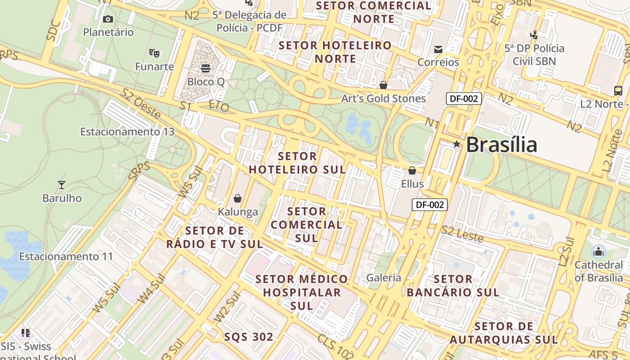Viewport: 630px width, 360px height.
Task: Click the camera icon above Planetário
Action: tap(108, 19)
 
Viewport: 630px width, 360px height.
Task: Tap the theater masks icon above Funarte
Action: tap(154, 53)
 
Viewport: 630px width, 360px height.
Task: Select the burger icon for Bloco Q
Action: tap(206, 68)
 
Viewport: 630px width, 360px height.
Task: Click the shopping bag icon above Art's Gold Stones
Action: tap(383, 85)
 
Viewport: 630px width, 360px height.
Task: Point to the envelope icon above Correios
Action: tap(438, 49)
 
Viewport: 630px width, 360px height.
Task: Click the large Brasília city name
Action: tap(501, 145)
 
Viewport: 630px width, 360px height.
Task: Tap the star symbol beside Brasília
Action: tap(457, 144)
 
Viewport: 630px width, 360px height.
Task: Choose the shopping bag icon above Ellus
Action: tap(412, 171)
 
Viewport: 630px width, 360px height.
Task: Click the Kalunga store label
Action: tap(238, 212)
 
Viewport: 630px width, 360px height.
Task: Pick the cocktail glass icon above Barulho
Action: tap(62, 185)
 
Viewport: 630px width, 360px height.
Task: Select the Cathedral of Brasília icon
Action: tap(598, 251)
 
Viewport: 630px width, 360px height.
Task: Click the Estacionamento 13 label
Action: tap(127, 132)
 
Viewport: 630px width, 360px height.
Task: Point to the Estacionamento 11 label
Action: tap(66, 256)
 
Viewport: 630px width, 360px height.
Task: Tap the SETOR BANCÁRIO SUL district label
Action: tap(453, 286)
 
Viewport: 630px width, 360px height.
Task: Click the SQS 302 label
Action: tap(248, 337)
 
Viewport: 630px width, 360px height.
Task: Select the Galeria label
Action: tap(383, 278)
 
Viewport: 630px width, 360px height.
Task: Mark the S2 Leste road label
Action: tap(462, 234)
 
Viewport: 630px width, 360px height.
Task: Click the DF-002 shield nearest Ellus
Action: tap(430, 205)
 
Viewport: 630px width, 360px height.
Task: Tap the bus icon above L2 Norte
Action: tap(618, 90)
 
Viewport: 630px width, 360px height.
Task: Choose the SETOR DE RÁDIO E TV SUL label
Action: tap(215, 238)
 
